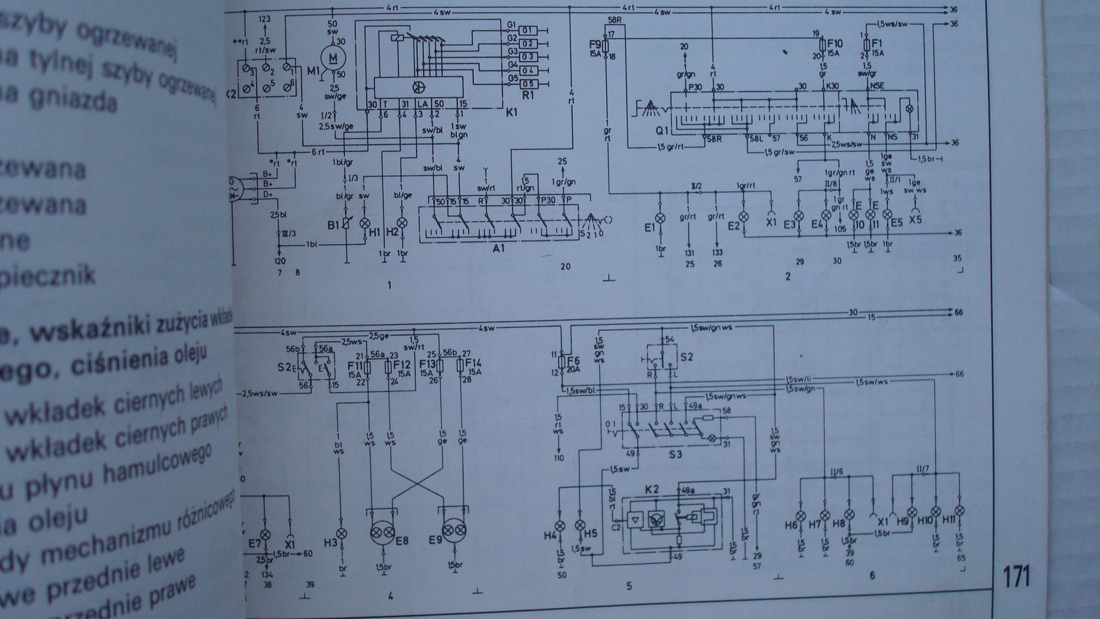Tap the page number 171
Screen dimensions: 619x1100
pos(1016,577)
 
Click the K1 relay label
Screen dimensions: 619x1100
pos(511,113)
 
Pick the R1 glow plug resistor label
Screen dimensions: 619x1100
pos(527,96)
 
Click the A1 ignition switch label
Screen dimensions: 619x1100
pos(498,248)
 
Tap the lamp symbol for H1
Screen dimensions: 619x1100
pos(364,222)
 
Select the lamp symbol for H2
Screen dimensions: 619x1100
pos(403,222)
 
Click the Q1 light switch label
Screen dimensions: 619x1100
pos(663,131)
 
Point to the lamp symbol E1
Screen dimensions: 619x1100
pos(660,218)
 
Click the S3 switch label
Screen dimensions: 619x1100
pos(676,455)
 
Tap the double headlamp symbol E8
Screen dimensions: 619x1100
pos(383,533)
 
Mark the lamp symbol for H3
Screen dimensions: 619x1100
pos(341,533)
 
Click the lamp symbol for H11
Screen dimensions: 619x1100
pos(960,511)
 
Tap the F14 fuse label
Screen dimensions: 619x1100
pos(473,363)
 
